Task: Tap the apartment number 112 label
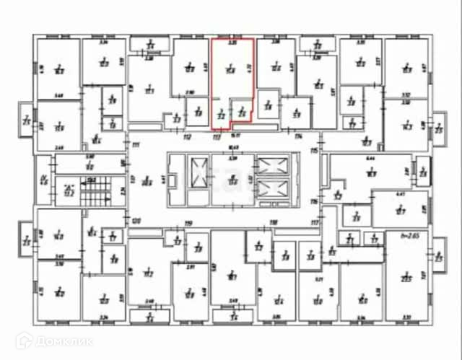coord(186,136)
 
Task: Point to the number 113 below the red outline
coord(216,136)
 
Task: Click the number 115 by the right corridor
coord(313,150)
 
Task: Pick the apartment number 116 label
coord(313,201)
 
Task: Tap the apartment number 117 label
coord(313,222)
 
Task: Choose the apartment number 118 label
coord(274,223)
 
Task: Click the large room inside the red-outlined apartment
coord(231,70)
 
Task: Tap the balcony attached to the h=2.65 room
coord(440,255)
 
